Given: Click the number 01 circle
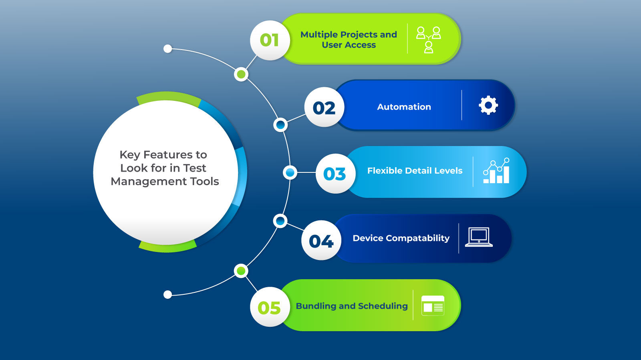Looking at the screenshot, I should coord(270,40).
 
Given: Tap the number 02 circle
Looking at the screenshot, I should coord(324,107).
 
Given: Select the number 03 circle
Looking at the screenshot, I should coord(335,174).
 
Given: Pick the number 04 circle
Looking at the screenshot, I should coord(321,240).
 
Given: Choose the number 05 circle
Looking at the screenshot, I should coord(270,307).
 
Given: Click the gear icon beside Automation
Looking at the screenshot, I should coord(488,106).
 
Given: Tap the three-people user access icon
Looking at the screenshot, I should coord(429,40).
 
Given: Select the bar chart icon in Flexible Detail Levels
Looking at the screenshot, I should coord(496,171).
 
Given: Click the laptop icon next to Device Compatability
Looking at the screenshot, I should coord(479,237).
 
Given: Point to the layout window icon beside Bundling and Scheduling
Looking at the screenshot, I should coord(433,306).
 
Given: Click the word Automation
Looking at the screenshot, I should coord(404,107).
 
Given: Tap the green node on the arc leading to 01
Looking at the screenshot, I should coord(241,74).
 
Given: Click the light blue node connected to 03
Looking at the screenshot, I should coord(290,172).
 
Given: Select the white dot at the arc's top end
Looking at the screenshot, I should coord(168,49).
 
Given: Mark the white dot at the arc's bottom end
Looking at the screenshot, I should coord(168,295).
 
